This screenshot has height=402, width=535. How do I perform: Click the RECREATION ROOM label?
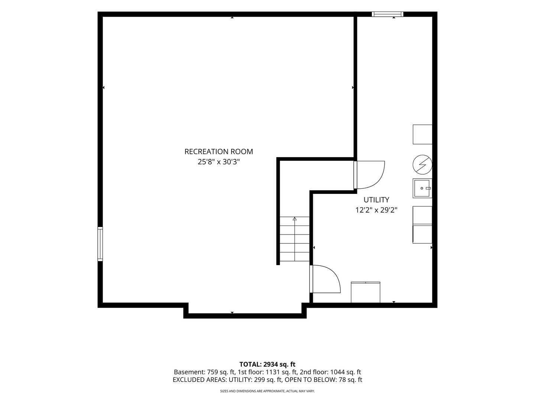click(x=218, y=151)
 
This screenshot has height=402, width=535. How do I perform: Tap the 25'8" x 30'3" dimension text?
click(x=218, y=162)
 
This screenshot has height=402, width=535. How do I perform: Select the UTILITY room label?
click(x=376, y=200)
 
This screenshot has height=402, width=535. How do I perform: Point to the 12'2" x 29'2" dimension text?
click(x=376, y=210)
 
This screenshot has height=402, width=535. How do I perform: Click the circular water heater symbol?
click(x=422, y=165)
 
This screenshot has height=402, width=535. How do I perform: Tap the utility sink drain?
click(x=422, y=188)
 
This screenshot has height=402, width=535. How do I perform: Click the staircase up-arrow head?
click(x=295, y=219)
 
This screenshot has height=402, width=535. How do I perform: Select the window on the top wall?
click(x=388, y=14)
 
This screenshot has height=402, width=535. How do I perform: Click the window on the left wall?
click(x=100, y=244)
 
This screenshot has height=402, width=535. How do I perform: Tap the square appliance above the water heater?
click(x=422, y=134)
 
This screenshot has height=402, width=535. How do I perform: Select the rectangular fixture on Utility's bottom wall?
click(x=366, y=292)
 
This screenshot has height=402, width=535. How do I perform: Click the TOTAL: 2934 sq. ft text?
click(x=267, y=364)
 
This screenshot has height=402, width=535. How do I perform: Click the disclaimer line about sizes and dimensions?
click(x=267, y=391)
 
